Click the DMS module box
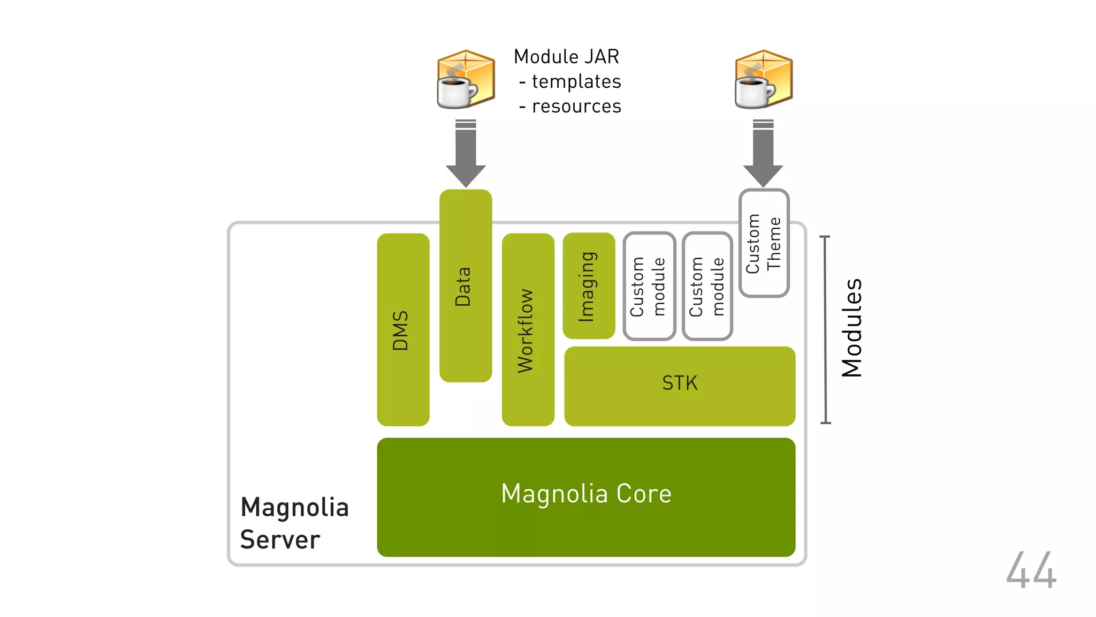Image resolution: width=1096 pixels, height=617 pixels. (x=403, y=329)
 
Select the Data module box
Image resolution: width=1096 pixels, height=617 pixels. (x=465, y=285)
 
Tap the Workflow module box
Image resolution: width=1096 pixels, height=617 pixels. (x=528, y=329)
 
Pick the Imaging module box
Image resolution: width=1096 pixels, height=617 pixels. (x=589, y=285)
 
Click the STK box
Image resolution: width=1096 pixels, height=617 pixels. (x=680, y=386)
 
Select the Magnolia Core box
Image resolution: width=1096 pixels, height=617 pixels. (x=586, y=496)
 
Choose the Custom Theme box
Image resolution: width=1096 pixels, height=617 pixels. (x=764, y=243)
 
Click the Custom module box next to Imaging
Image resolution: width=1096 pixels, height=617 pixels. (x=649, y=286)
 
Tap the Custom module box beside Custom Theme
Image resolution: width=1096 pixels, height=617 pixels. (x=707, y=286)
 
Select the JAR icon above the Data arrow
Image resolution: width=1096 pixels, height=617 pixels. (x=465, y=79)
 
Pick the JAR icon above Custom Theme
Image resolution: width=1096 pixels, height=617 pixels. (x=763, y=79)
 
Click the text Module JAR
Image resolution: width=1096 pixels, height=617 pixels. (x=566, y=57)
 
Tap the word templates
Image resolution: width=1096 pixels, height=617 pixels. (x=576, y=81)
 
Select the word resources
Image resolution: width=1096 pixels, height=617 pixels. (x=576, y=107)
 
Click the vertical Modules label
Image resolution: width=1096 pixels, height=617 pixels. (x=851, y=328)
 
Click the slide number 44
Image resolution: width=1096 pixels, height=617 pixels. (x=1031, y=570)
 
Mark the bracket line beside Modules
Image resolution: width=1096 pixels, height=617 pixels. (x=826, y=329)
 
